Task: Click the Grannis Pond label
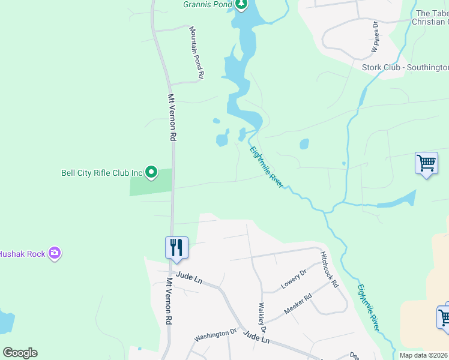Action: pyautogui.click(x=207, y=4)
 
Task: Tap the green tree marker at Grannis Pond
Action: pyautogui.click(x=241, y=5)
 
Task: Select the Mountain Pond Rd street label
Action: pyautogui.click(x=197, y=53)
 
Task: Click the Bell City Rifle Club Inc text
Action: pyautogui.click(x=101, y=173)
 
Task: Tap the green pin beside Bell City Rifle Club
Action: pyautogui.click(x=151, y=173)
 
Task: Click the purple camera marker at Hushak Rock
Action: pyautogui.click(x=55, y=253)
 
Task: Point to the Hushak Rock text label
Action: pyautogui.click(x=22, y=254)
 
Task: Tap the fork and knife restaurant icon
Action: pyautogui.click(x=176, y=247)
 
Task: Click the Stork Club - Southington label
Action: pyautogui.click(x=405, y=67)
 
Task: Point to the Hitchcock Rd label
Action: pyautogui.click(x=329, y=269)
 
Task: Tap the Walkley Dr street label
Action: pyautogui.click(x=262, y=319)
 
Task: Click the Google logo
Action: pyautogui.click(x=20, y=353)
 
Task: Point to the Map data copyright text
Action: pyautogui.click(x=423, y=355)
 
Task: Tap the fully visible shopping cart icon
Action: pyautogui.click(x=426, y=163)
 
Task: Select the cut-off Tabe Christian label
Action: pyautogui.click(x=431, y=17)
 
